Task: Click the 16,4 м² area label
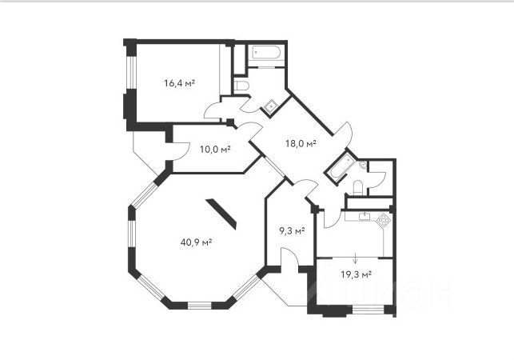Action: click(180, 83)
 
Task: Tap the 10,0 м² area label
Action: click(215, 150)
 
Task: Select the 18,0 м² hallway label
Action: click(301, 143)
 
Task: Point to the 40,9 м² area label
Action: click(196, 242)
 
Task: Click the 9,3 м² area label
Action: click(292, 231)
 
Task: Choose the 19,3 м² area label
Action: click(356, 274)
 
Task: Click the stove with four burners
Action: click(384, 220)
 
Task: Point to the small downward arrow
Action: click(356, 258)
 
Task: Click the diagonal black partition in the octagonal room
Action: click(221, 214)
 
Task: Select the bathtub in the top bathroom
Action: click(266, 53)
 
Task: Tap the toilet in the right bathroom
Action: click(358, 187)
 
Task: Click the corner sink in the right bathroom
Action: click(363, 165)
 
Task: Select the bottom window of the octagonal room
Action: click(200, 306)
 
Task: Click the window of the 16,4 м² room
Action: click(131, 73)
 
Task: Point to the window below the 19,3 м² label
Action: click(368, 310)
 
